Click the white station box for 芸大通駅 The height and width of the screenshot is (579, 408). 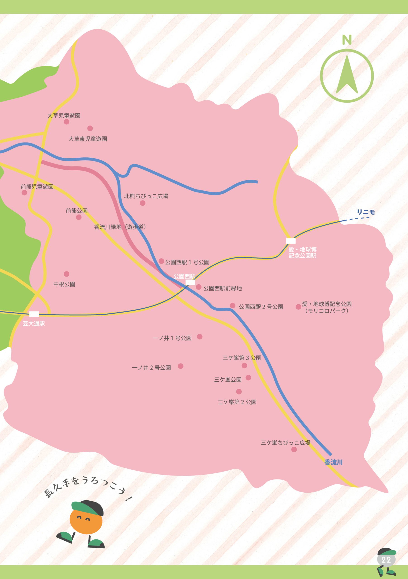pyautogui.click(x=34, y=314)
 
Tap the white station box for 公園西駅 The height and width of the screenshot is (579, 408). pyautogui.click(x=190, y=282)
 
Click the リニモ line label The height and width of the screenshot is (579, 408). pyautogui.click(x=366, y=212)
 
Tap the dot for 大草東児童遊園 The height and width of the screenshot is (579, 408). pyautogui.click(x=90, y=128)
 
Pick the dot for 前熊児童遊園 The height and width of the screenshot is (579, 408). pyautogui.click(x=24, y=193)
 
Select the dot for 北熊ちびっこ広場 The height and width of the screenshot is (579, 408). pyautogui.click(x=143, y=203)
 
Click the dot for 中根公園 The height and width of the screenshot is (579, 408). pyautogui.click(x=66, y=274)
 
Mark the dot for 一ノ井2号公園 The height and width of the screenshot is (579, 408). pyautogui.click(x=180, y=366)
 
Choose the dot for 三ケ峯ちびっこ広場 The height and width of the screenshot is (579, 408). pyautogui.click(x=294, y=449)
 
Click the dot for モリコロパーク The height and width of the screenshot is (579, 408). pyautogui.click(x=298, y=307)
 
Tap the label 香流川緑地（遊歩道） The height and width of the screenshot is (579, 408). pyautogui.click(x=120, y=227)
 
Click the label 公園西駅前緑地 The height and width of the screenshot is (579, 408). pyautogui.click(x=223, y=288)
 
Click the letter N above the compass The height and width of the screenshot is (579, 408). pyautogui.click(x=347, y=40)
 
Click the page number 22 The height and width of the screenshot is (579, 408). pyautogui.click(x=386, y=560)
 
